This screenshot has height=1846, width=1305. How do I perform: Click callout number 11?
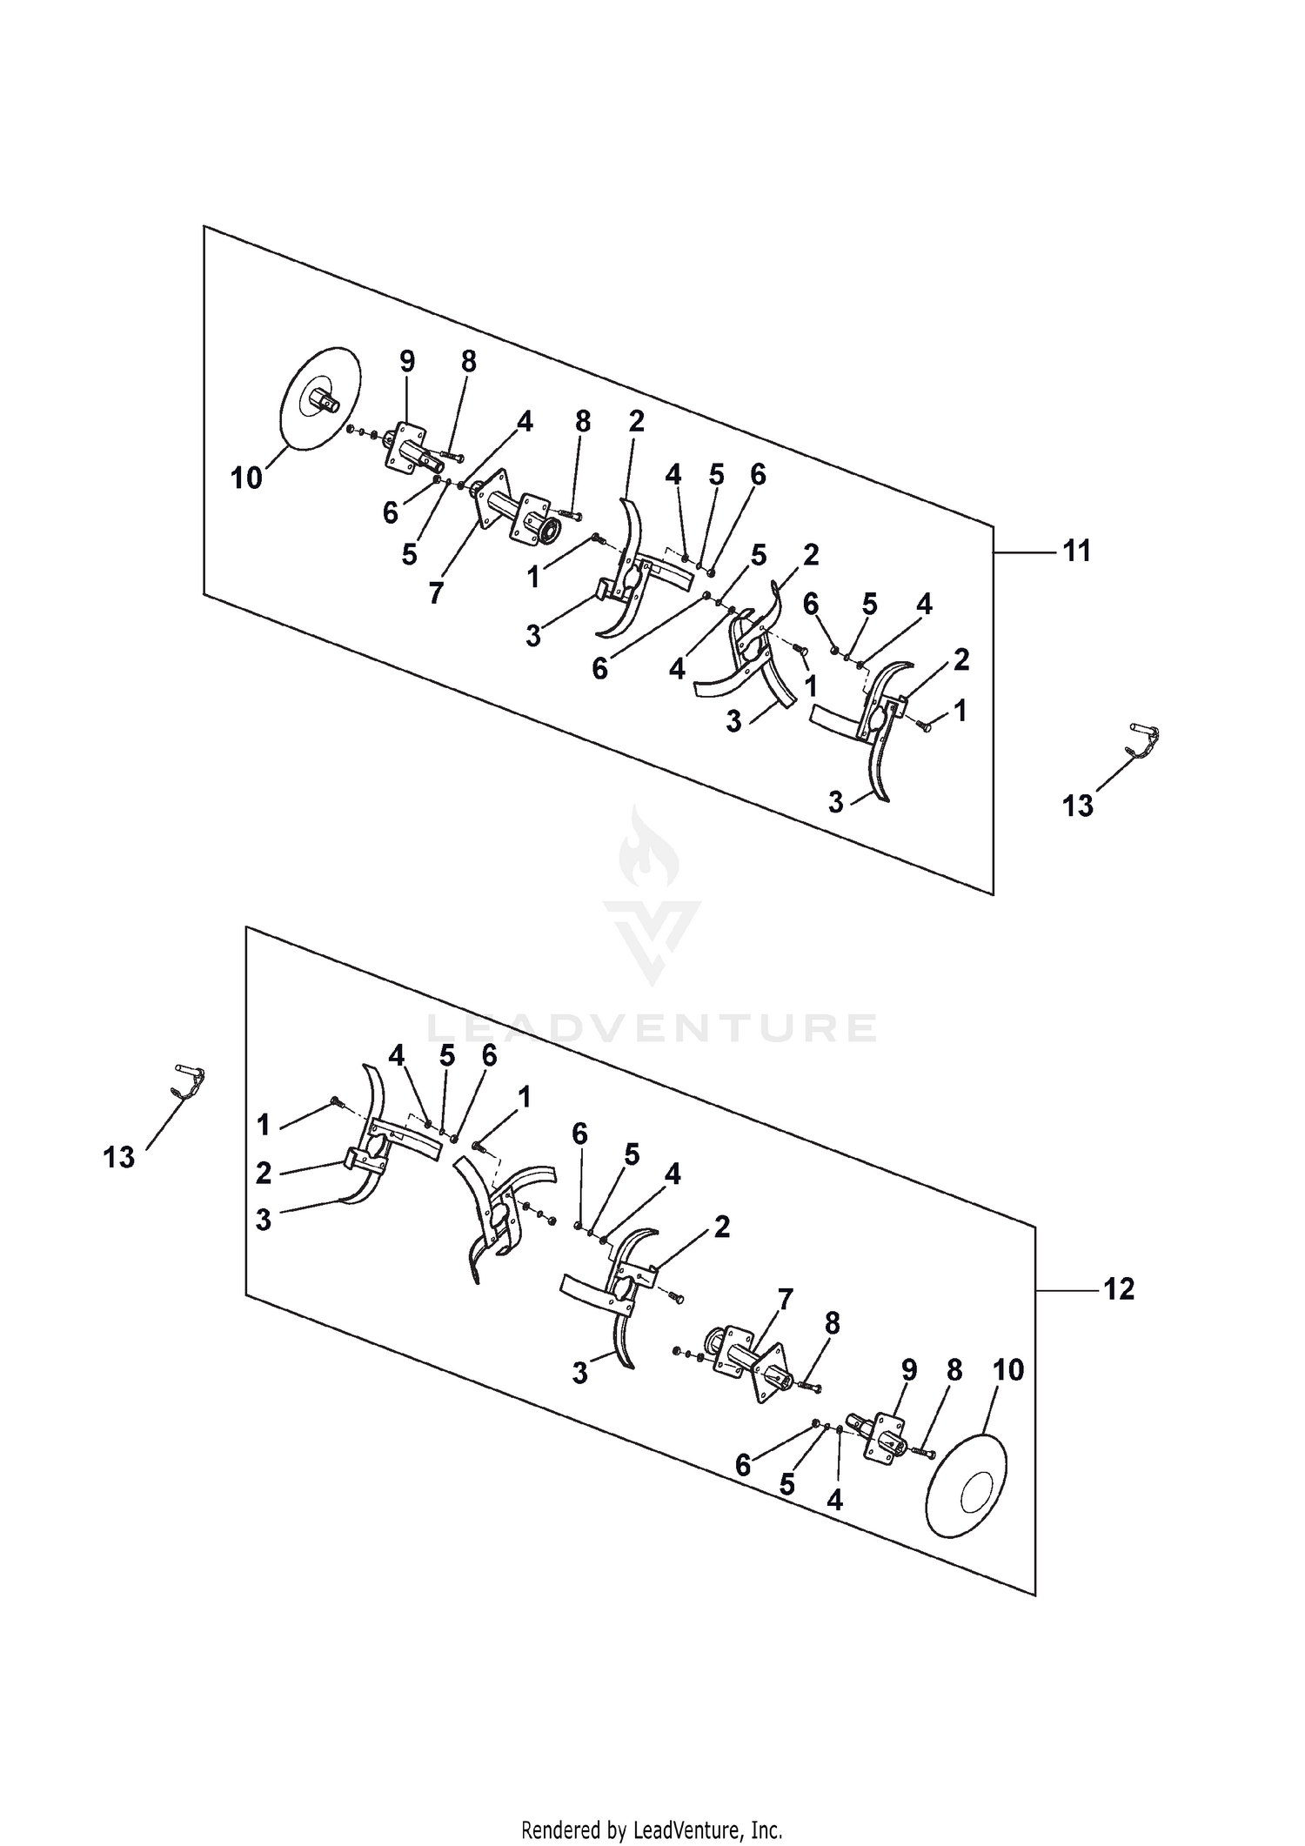point(1077,551)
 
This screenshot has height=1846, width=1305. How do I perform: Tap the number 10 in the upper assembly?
point(246,478)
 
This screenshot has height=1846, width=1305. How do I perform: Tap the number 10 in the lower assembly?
point(1008,1370)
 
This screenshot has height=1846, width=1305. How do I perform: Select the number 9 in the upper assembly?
point(407,360)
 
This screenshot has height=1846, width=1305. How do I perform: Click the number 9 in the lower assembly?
point(909,1370)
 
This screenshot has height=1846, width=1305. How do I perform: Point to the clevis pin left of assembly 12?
point(191,1083)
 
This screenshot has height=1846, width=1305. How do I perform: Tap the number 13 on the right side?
point(1077,806)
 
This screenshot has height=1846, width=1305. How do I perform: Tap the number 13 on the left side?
point(119,1157)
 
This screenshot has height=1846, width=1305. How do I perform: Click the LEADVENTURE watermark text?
point(652,1027)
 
